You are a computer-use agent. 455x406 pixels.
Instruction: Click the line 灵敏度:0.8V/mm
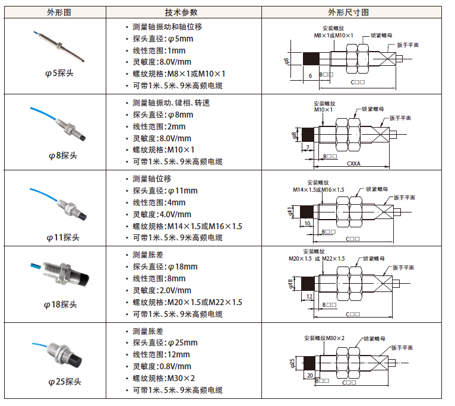tap(162, 366)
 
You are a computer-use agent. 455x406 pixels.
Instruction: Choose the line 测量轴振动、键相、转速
tap(171, 103)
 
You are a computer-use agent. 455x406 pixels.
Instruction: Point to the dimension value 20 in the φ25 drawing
tap(309, 375)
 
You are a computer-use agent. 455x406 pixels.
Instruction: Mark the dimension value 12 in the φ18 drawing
tap(309, 296)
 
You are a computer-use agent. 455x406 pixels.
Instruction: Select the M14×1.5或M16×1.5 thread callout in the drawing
tap(318, 189)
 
